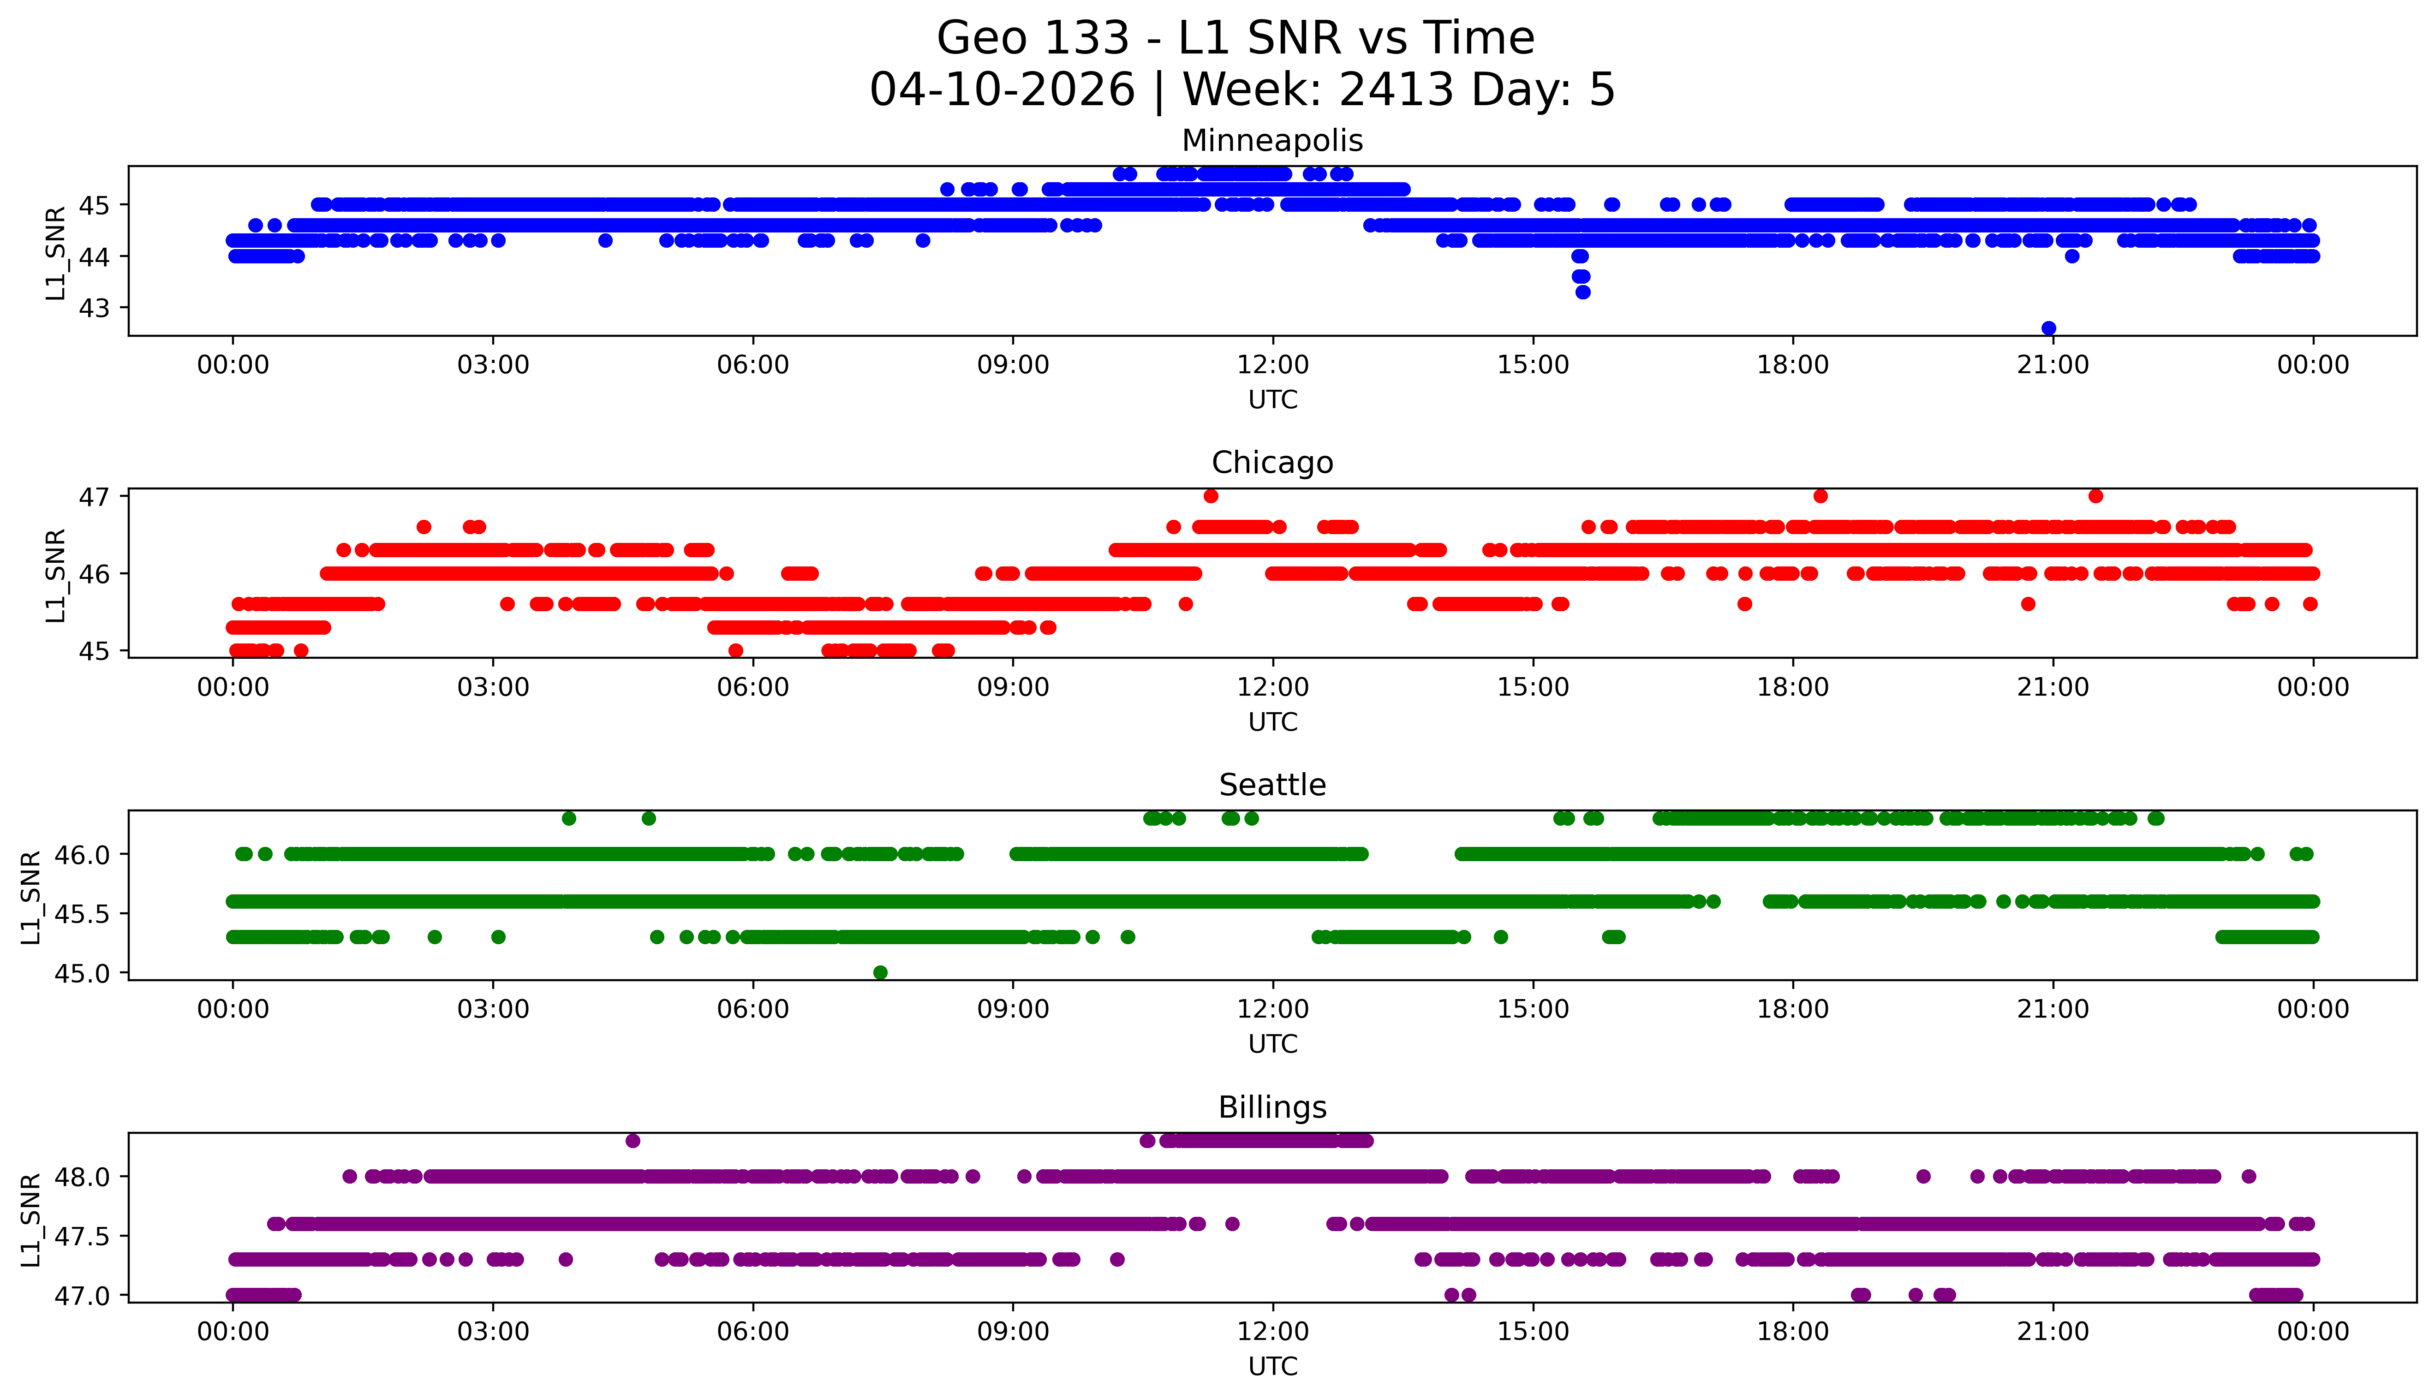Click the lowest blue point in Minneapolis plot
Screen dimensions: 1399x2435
(2049, 327)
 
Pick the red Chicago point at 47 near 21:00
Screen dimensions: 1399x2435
(2096, 496)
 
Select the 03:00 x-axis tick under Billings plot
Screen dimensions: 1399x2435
(493, 1332)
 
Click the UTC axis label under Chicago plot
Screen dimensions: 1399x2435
(1272, 721)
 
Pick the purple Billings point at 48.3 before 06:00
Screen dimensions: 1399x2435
(633, 1141)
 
